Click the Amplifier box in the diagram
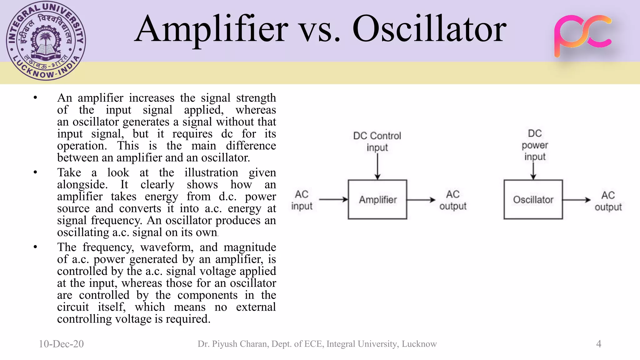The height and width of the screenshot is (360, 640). click(377, 199)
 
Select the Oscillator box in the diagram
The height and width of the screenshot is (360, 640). click(533, 199)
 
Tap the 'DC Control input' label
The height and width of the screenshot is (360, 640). click(377, 141)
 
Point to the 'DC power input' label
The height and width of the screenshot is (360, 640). click(535, 145)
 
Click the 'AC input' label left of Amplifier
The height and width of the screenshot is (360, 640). click(302, 200)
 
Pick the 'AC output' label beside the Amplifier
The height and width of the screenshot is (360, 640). click(453, 200)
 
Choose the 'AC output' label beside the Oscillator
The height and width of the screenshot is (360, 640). click(608, 201)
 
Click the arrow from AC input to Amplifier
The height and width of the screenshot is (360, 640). click(333, 199)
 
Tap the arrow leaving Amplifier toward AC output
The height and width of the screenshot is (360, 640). click(421, 200)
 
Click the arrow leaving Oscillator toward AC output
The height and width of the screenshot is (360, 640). click(577, 200)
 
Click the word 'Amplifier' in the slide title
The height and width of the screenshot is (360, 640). click(212, 30)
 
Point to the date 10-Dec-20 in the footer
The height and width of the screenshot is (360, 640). click(61, 344)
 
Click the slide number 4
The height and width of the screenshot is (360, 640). click(598, 344)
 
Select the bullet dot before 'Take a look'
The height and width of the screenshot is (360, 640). click(35, 172)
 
